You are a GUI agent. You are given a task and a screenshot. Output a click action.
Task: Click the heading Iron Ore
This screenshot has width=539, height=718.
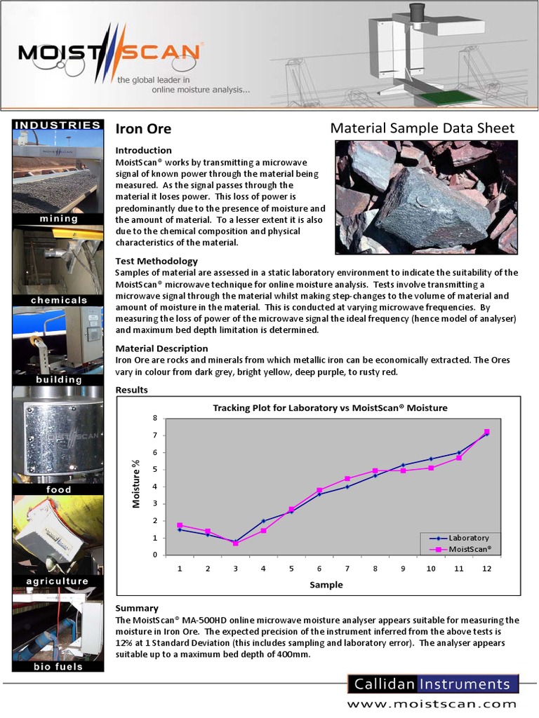(143, 129)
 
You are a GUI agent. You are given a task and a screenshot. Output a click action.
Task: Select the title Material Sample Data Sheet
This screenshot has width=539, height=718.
(422, 128)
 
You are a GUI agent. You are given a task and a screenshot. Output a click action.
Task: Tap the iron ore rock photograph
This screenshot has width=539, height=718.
(425, 197)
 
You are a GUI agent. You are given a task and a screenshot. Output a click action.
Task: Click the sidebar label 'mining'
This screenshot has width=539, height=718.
(58, 219)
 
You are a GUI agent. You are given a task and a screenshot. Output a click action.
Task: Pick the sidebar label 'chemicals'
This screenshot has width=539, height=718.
(58, 300)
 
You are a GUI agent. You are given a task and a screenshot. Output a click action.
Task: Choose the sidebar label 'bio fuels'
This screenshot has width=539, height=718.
(58, 666)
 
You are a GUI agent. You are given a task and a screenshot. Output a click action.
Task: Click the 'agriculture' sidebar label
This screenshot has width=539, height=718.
(58, 581)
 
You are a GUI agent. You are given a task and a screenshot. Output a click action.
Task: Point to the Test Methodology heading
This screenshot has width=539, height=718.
(157, 261)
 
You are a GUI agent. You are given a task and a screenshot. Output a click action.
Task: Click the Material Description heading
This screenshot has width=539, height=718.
(161, 348)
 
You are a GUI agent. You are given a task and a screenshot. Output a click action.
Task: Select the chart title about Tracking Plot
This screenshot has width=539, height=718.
(330, 407)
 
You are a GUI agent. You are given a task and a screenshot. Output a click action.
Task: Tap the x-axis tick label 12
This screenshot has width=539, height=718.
(486, 569)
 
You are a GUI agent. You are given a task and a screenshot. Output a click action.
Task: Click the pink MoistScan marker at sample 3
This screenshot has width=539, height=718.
(236, 543)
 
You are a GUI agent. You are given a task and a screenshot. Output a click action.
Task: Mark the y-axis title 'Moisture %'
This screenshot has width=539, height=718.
(138, 484)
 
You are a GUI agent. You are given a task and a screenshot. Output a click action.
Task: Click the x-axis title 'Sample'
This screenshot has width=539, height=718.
(326, 584)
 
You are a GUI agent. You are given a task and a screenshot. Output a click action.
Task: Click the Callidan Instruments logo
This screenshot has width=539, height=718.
(433, 684)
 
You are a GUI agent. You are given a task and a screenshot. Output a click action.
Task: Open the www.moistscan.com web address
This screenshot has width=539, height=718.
(432, 704)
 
